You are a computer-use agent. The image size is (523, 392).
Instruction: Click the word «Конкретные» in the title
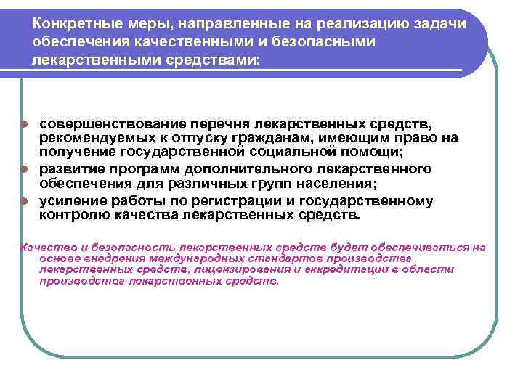[72, 24]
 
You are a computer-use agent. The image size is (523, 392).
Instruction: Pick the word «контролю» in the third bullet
[73, 215]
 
